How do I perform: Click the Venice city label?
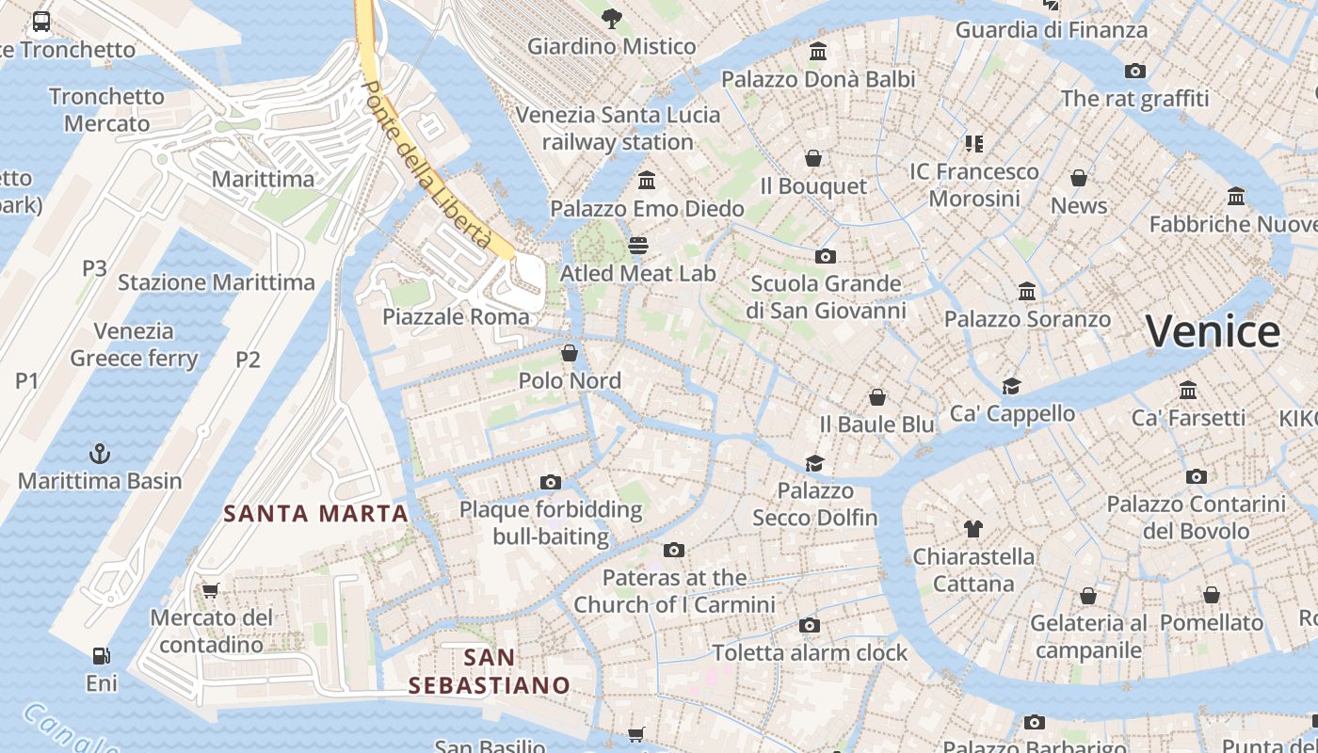[x=1213, y=332]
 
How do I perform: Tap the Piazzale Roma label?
[x=456, y=316]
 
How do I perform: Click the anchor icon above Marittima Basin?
[x=99, y=454]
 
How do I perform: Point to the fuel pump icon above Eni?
[x=101, y=655]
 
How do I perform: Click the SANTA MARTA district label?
[x=315, y=514]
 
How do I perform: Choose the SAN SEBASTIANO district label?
[x=490, y=670]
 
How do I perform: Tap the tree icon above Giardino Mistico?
[x=612, y=18]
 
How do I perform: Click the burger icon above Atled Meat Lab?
[x=638, y=246]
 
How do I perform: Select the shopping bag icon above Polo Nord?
[x=570, y=353]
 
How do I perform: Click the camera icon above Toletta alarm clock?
[x=809, y=625]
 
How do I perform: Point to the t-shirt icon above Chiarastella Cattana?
[x=972, y=529]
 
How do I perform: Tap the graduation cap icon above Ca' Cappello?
[x=1011, y=386]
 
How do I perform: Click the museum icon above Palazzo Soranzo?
[x=1027, y=292]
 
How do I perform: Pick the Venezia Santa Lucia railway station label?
[x=618, y=129]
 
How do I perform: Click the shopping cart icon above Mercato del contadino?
[x=210, y=591]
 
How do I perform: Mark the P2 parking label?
[x=248, y=359]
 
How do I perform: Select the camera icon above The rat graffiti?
[x=1135, y=71]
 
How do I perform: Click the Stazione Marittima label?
[x=216, y=282]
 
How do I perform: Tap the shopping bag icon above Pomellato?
[x=1212, y=595]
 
